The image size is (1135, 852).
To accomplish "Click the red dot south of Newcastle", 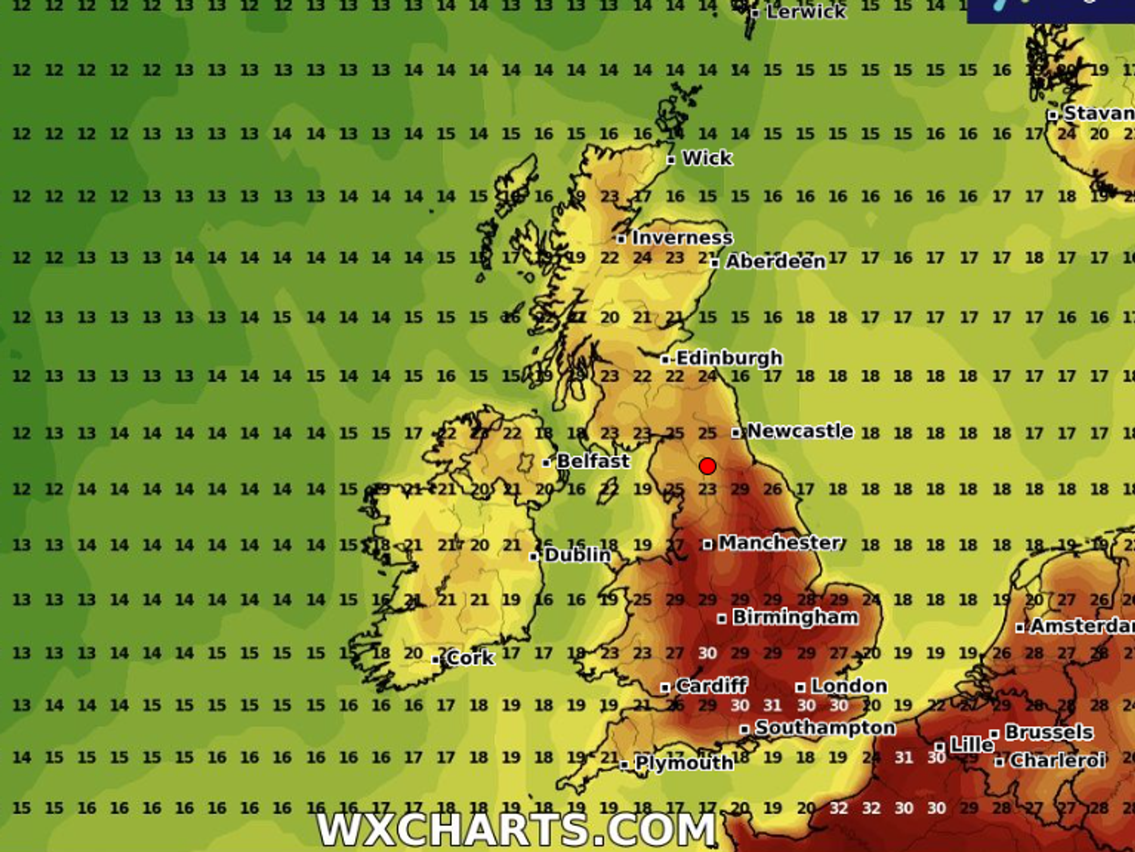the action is coord(707,466).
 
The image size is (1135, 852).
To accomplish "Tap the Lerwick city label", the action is coord(805,12).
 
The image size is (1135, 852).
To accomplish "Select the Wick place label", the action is coord(707,158).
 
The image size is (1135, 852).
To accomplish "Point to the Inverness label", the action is coord(682,238).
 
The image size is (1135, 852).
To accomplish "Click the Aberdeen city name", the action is coord(775,261).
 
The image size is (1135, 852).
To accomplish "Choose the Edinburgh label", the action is coord(729,358).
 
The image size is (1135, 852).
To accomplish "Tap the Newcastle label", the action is coord(800,431).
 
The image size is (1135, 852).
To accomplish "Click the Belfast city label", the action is coord(593,461).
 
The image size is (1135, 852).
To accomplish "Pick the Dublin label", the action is coord(577,555).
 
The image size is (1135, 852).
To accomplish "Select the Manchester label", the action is coord(780,543).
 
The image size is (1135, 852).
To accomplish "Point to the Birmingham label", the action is coord(795,617).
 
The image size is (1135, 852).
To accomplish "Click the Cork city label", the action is coord(470,658).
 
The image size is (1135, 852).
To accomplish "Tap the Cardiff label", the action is coord(711,686).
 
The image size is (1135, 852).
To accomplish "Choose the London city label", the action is coord(848,686).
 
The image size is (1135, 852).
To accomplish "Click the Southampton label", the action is coord(825,728).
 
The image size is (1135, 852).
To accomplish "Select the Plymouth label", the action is coord(684,763).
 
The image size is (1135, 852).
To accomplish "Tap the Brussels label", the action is coord(1049,732).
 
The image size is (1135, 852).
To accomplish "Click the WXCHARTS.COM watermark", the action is coord(516,829).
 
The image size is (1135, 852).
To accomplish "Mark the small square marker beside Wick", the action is coord(671,160).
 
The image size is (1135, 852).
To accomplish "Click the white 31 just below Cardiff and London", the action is coord(772,706).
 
